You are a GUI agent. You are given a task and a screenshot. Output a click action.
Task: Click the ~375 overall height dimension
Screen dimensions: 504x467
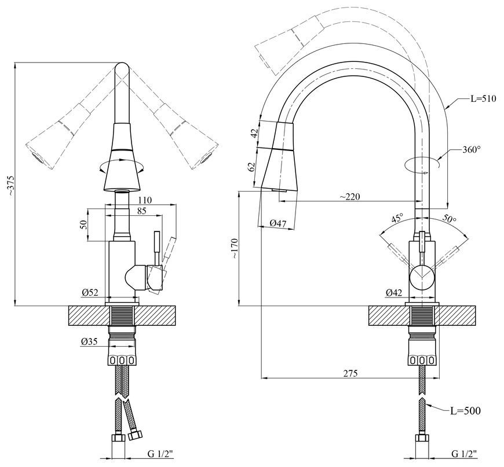click(x=10, y=186)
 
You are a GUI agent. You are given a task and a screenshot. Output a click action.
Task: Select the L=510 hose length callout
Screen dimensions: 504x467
click(x=483, y=98)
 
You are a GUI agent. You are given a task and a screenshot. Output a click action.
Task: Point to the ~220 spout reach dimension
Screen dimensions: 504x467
click(x=350, y=196)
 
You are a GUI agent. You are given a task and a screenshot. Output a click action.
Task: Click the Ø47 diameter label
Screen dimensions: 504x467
click(x=277, y=223)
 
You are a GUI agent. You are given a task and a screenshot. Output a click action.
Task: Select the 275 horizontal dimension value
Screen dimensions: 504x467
click(x=350, y=373)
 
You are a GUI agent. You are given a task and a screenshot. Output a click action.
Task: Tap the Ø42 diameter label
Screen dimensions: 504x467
click(x=395, y=292)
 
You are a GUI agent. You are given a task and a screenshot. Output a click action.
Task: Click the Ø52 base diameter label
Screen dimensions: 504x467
click(x=90, y=292)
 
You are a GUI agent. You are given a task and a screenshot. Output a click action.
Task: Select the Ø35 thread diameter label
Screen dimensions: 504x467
click(x=90, y=342)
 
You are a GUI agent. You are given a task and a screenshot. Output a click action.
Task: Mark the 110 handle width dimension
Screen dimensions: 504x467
click(x=145, y=200)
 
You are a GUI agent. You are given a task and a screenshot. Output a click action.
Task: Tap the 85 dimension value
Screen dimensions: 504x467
click(x=141, y=211)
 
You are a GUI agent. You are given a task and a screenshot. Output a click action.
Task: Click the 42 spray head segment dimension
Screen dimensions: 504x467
click(x=254, y=133)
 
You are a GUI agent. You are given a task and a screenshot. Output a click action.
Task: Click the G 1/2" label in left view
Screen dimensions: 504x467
click(x=160, y=454)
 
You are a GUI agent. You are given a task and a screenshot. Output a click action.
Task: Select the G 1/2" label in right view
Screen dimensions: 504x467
click(x=465, y=454)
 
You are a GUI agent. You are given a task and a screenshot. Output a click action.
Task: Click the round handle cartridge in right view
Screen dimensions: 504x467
click(x=422, y=278)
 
